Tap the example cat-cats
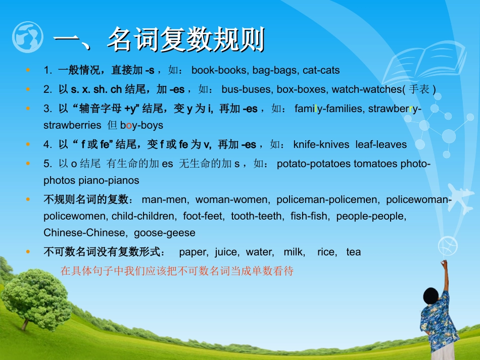pyautogui.click(x=321, y=71)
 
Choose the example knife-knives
pyautogui.click(x=321, y=144)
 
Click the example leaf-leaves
pyautogui.click(x=381, y=144)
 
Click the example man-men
pyautogui.click(x=164, y=200)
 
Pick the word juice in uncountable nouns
pyautogui.click(x=226, y=252)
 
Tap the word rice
pyautogui.click(x=326, y=252)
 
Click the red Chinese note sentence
pyautogui.click(x=177, y=271)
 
